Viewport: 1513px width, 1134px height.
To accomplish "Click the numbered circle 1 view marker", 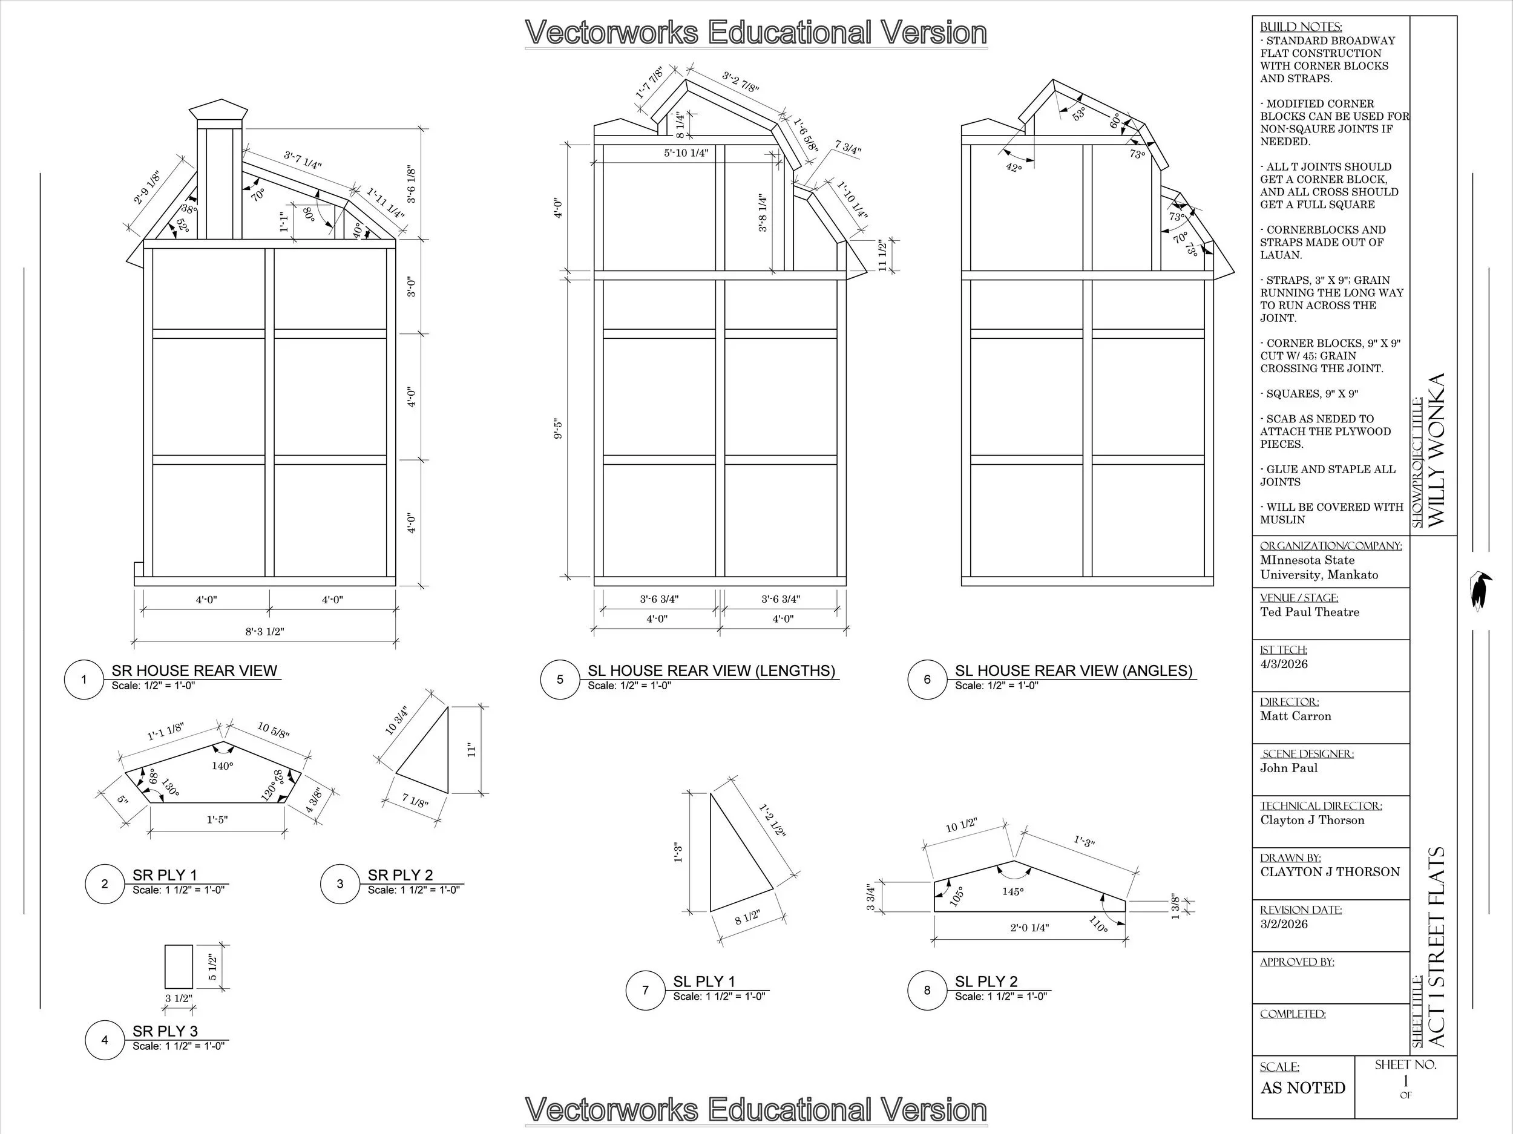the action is click(84, 679).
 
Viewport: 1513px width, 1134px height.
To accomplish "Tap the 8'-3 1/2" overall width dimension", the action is click(264, 631).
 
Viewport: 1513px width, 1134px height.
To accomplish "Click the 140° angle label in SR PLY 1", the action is click(222, 766).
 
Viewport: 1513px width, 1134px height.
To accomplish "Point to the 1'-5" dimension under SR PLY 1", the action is click(217, 819).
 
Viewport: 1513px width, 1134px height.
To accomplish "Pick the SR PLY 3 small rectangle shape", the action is click(179, 966).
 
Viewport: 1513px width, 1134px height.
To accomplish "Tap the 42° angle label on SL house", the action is click(1014, 168).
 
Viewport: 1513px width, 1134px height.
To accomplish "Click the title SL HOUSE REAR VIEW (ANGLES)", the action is click(1073, 670).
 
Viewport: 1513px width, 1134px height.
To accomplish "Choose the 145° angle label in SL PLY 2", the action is click(1013, 891).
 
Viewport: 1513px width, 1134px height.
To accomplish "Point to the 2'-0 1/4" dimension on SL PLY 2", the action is click(1029, 928).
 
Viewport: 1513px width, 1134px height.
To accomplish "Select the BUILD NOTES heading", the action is click(1301, 27).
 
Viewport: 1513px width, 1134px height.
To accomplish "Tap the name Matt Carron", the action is click(1296, 716).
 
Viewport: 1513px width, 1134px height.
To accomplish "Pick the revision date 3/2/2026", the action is click(1284, 924).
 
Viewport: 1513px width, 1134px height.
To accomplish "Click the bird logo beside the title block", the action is click(1480, 590).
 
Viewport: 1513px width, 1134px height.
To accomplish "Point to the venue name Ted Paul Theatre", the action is click(1309, 612).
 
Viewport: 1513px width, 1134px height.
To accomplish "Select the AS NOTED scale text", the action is click(1303, 1087).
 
